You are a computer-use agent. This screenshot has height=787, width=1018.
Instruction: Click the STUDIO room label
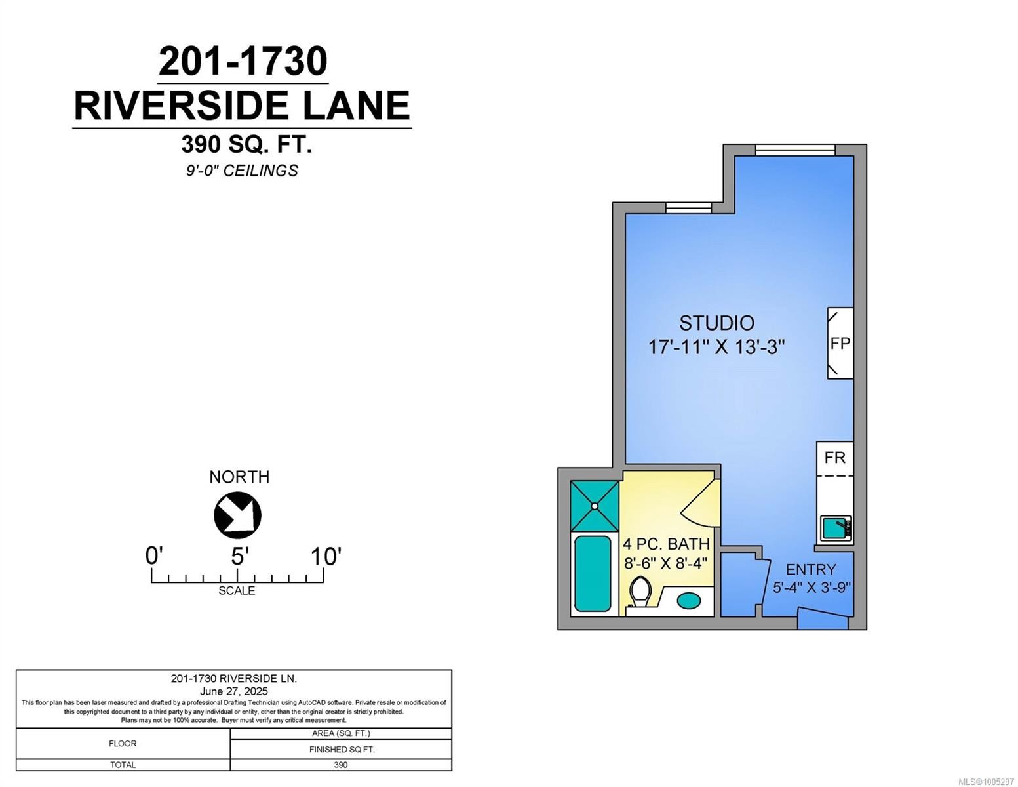click(716, 323)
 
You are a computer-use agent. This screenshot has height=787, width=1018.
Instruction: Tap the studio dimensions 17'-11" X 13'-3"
click(716, 346)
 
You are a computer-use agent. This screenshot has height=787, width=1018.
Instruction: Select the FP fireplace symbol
click(840, 343)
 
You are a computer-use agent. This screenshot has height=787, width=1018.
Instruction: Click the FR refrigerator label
click(834, 456)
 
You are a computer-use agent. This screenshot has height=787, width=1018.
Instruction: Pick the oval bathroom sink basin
click(688, 599)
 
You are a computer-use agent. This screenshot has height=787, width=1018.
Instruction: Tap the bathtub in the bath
click(593, 573)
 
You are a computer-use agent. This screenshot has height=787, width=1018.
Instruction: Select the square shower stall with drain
click(595, 506)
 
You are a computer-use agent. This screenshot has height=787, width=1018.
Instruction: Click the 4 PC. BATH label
click(666, 544)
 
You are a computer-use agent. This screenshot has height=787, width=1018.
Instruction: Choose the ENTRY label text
click(811, 569)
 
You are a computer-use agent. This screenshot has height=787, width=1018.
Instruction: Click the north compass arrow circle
click(237, 515)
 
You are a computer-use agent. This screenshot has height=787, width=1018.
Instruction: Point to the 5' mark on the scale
click(237, 557)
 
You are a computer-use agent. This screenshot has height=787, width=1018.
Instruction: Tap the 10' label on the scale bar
click(325, 557)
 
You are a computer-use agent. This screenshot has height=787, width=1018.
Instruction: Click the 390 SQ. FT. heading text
click(246, 144)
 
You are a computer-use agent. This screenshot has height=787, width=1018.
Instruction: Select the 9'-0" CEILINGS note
click(241, 171)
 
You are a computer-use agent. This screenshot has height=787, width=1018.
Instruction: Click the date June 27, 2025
click(233, 691)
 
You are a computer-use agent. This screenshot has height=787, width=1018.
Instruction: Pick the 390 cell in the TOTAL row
click(340, 765)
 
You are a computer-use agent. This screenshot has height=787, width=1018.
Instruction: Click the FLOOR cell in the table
click(123, 744)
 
